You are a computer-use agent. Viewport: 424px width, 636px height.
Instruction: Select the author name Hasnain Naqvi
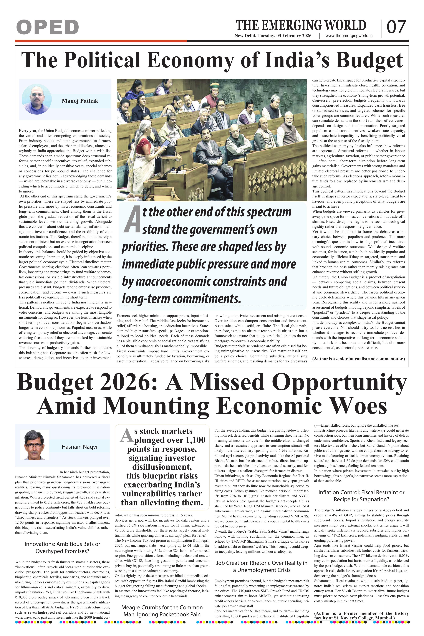(79, 447)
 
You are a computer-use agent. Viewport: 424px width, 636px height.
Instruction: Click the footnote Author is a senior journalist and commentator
(359, 359)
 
